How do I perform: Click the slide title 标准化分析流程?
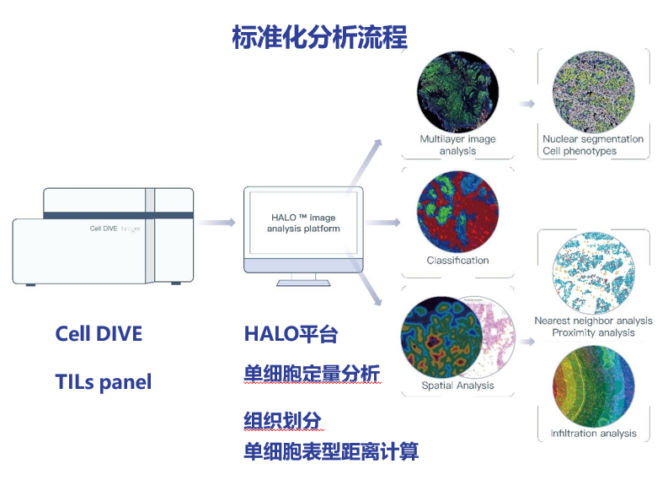[x=319, y=37]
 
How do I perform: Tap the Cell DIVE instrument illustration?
[x=103, y=236]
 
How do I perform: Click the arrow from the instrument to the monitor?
[x=216, y=223]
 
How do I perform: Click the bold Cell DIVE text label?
[x=99, y=333]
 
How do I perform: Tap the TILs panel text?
[x=103, y=382]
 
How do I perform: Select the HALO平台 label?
[x=291, y=334]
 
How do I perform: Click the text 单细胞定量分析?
[x=313, y=374]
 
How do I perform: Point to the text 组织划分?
[x=282, y=419]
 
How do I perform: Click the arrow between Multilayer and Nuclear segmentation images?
[x=527, y=104]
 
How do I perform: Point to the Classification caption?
[x=457, y=261]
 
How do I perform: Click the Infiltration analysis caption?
[x=593, y=434]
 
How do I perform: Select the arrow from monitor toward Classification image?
[x=384, y=223]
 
